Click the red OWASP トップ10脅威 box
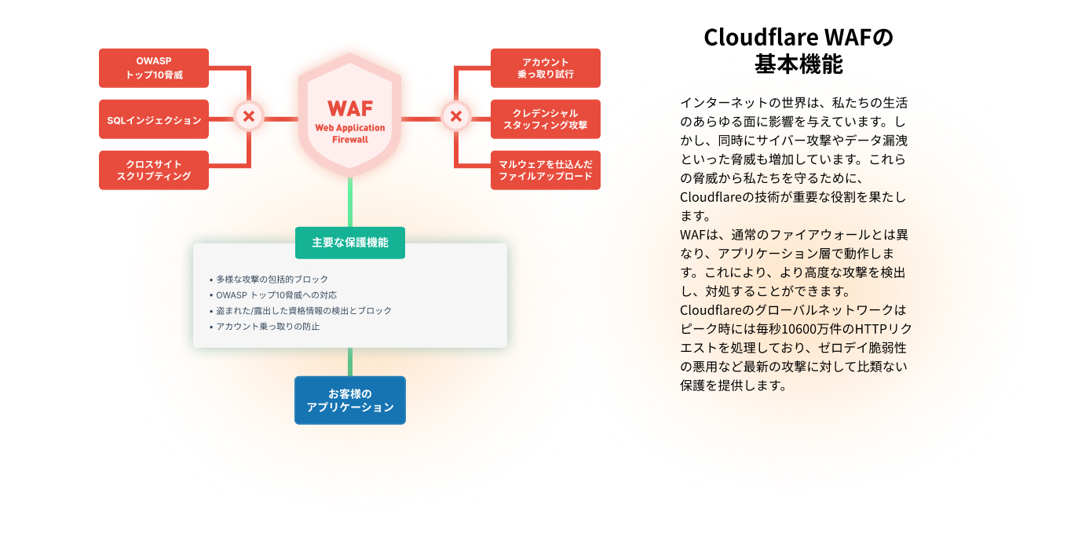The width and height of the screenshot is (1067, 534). click(x=154, y=68)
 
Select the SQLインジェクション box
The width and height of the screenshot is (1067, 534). click(x=154, y=119)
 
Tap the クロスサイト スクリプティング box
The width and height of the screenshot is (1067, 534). click(x=154, y=170)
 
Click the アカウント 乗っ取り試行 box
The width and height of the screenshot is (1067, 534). click(x=545, y=68)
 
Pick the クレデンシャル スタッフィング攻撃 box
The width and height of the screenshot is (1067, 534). click(x=545, y=119)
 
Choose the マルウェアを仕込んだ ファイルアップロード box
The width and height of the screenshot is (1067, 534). click(x=545, y=170)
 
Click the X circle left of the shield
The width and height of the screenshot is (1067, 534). click(x=249, y=117)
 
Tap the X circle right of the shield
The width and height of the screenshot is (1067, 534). click(x=455, y=117)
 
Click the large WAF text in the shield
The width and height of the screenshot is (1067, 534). click(x=350, y=108)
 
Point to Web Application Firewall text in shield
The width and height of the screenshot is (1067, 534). click(x=350, y=133)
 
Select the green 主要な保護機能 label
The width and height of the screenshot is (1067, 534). click(x=350, y=243)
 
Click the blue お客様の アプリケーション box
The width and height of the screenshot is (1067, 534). click(x=350, y=400)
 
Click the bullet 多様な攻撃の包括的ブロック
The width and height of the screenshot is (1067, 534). click(x=272, y=280)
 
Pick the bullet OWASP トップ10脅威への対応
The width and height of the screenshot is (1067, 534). click(x=276, y=295)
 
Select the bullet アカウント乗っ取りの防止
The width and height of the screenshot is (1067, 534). click(x=268, y=327)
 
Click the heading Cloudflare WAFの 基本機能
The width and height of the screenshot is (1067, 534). click(x=798, y=50)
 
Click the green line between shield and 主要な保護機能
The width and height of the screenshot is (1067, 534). click(x=350, y=203)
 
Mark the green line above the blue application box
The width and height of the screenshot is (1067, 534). click(x=350, y=362)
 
